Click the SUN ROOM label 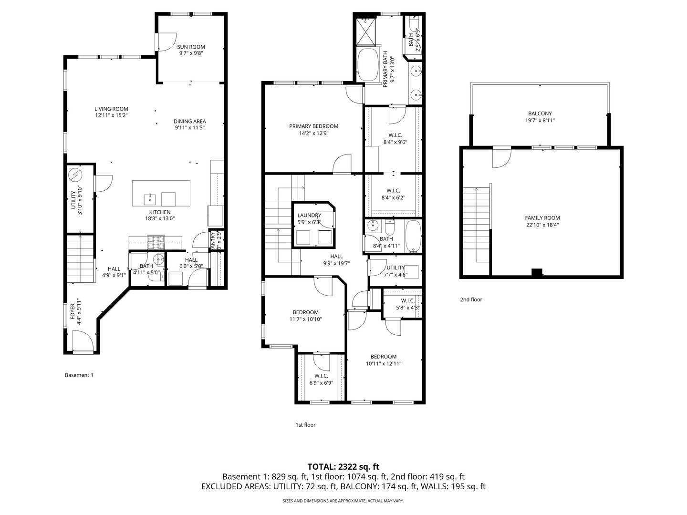(191, 47)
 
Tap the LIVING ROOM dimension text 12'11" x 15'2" (111, 115)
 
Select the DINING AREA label (189, 122)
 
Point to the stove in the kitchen (156, 242)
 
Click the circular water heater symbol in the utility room (75, 175)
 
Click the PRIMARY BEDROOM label (313, 126)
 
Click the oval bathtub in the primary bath (367, 64)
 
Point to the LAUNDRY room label (309, 215)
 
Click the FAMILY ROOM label (542, 218)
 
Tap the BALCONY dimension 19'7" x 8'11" (540, 121)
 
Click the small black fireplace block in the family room (537, 273)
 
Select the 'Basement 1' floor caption (79, 375)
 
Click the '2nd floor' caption (471, 299)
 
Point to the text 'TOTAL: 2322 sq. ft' (343, 466)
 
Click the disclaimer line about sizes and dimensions (343, 501)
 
